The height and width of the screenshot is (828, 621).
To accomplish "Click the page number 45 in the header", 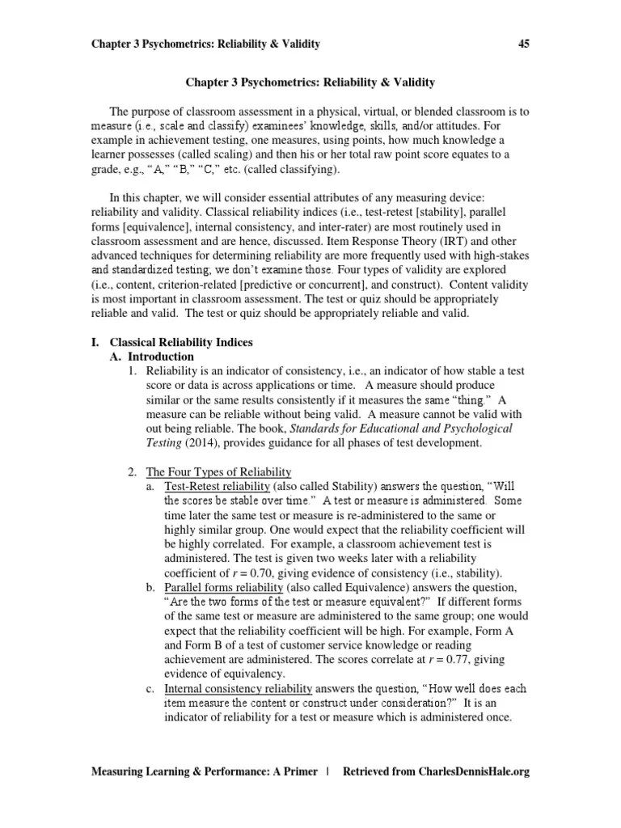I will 522,44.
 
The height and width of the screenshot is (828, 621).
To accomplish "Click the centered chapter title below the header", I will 310,82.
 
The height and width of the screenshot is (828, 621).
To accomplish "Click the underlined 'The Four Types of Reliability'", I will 218,471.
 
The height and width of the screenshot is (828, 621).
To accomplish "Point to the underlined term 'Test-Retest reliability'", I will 217,486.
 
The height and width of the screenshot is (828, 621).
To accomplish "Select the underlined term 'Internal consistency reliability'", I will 238,689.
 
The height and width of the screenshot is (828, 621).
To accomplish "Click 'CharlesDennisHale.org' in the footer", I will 466,772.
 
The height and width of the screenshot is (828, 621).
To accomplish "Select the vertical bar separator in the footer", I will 327,772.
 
